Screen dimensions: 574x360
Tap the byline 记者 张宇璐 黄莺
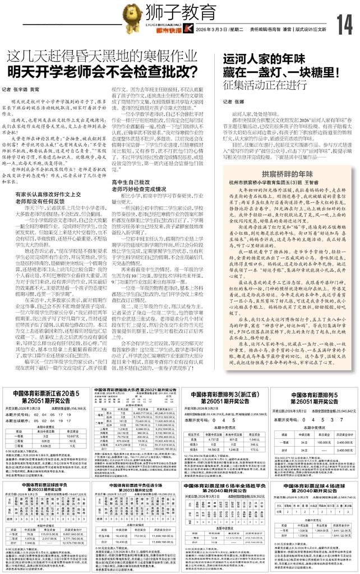coord(30,89)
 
